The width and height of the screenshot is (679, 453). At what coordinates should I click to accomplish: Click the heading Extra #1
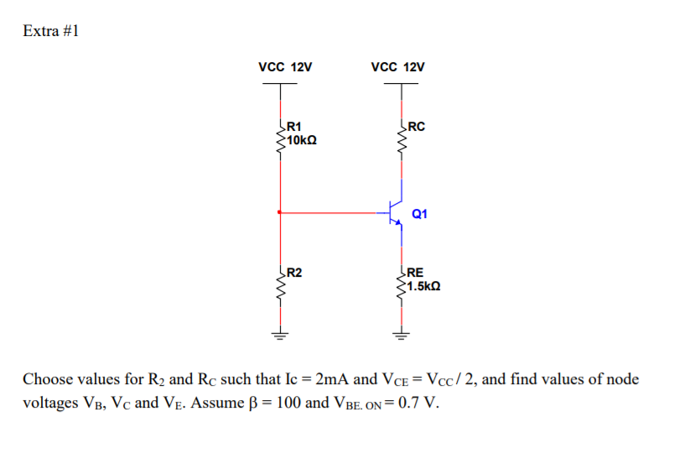(50, 31)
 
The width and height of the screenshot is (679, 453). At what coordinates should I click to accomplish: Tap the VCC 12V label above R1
(285, 67)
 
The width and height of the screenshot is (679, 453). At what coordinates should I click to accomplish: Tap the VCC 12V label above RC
(397, 67)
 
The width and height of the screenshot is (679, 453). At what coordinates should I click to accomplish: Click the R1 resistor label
(294, 127)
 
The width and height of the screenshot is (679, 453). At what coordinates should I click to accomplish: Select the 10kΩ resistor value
(302, 140)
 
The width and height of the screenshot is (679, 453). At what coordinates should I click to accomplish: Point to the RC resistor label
(416, 127)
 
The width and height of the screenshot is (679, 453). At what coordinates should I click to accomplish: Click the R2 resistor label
(294, 273)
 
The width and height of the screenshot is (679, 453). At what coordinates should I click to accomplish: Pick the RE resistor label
(415, 273)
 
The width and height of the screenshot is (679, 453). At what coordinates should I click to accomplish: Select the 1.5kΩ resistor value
(423, 287)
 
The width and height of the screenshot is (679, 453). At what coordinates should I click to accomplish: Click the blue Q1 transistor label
(419, 214)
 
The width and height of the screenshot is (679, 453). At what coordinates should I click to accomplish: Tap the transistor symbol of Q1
(393, 212)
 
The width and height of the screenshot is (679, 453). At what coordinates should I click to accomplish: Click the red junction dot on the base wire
(279, 212)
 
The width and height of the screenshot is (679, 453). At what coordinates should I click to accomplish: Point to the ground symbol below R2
(280, 335)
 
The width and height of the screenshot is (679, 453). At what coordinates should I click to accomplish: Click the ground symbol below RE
(401, 335)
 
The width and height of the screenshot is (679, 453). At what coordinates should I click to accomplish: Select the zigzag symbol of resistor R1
(281, 138)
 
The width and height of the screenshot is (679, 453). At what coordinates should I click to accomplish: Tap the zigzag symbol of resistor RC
(402, 138)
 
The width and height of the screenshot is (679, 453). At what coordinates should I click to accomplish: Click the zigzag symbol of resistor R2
(281, 285)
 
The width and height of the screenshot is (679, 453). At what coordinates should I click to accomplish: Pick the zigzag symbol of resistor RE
(402, 285)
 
